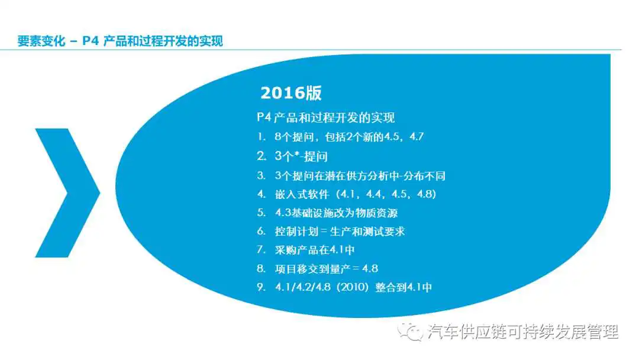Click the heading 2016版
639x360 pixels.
point(291,93)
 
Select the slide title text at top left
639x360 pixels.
point(120,41)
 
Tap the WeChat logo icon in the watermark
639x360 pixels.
point(411,332)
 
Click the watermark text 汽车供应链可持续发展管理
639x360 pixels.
point(523,332)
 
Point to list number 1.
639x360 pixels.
point(262,137)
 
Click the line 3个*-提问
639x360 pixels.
point(301,156)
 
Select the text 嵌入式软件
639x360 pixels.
point(302,194)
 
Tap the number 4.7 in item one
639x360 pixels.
point(417,137)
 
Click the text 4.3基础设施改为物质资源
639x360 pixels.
point(336,213)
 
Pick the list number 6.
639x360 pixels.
point(262,231)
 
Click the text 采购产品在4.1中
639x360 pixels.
point(315,249)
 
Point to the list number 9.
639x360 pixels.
point(262,287)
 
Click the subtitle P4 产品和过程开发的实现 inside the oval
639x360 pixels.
point(325,118)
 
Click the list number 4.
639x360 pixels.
point(262,194)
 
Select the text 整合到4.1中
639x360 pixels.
point(404,287)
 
